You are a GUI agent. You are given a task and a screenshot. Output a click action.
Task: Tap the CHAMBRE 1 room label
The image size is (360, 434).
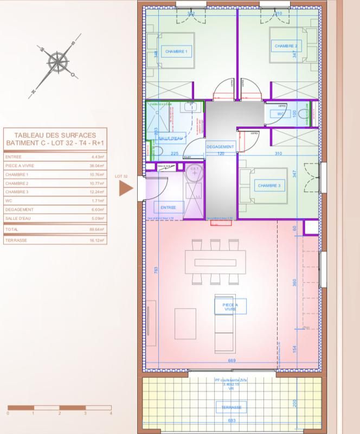[x=176, y=52]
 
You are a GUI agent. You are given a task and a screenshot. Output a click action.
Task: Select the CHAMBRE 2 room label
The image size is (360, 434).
[x=287, y=46]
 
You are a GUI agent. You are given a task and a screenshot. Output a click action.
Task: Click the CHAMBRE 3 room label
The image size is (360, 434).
[x=269, y=186]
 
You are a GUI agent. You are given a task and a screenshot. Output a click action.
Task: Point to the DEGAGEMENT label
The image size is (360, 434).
[x=220, y=147]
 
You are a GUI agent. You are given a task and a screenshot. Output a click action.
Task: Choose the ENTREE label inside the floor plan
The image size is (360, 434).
[x=169, y=207]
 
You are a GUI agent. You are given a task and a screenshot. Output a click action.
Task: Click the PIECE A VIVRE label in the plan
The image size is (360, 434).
[x=230, y=307]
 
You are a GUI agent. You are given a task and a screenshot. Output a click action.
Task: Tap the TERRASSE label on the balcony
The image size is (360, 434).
[x=230, y=407]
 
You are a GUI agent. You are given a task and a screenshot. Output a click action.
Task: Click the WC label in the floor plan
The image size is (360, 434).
[x=281, y=114]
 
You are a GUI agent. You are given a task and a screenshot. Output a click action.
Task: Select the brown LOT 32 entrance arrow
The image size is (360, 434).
[x=126, y=188]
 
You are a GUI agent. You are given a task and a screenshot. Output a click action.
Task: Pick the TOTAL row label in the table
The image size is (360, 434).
[x=12, y=229]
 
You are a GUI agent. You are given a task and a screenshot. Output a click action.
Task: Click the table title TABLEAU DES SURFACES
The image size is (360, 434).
[x=55, y=135]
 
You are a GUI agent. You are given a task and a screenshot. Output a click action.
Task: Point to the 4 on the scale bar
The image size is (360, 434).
[x=111, y=413]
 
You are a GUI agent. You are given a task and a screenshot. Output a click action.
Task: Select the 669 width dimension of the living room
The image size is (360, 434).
[x=232, y=361]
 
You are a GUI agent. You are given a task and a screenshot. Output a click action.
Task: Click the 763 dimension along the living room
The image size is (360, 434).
[x=157, y=270]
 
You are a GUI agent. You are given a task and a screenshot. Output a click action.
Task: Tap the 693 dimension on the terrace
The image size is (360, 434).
[x=232, y=421]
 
